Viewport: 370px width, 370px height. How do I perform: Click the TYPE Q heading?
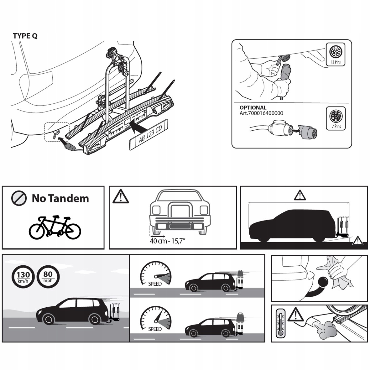point(25,36)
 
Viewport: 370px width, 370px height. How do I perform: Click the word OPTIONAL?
point(253,107)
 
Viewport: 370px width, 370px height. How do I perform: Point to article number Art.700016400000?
point(261,113)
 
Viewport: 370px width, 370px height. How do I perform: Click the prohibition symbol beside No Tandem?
point(19,198)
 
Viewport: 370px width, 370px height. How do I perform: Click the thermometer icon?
point(280,323)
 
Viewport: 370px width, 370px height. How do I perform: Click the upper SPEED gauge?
point(156,273)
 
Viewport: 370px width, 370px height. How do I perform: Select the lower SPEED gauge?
point(156,319)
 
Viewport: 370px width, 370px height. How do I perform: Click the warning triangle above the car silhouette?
point(300,195)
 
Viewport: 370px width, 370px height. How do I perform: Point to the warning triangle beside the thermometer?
point(294,314)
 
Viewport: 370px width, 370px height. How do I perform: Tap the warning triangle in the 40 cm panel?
point(120,196)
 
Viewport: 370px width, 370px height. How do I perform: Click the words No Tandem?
point(60,198)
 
